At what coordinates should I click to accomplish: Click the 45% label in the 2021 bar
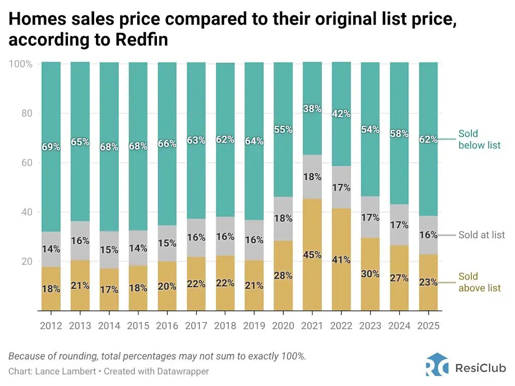pos(312,255)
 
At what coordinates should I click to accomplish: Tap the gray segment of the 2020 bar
pos(283,219)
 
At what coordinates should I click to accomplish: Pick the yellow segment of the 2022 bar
pos(341,281)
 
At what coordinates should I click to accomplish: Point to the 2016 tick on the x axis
pos(167,326)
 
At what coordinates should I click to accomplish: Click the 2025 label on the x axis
pos(428,326)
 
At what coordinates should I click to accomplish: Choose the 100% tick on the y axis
pos(21,64)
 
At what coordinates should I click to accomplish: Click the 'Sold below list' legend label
pos(479,140)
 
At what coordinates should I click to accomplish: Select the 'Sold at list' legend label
pos(481,235)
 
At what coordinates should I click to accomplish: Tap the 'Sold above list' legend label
pos(479,282)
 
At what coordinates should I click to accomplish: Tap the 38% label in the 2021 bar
pos(312,109)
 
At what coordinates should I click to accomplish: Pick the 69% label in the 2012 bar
pos(51,147)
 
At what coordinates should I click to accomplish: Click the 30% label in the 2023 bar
pos(370,274)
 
